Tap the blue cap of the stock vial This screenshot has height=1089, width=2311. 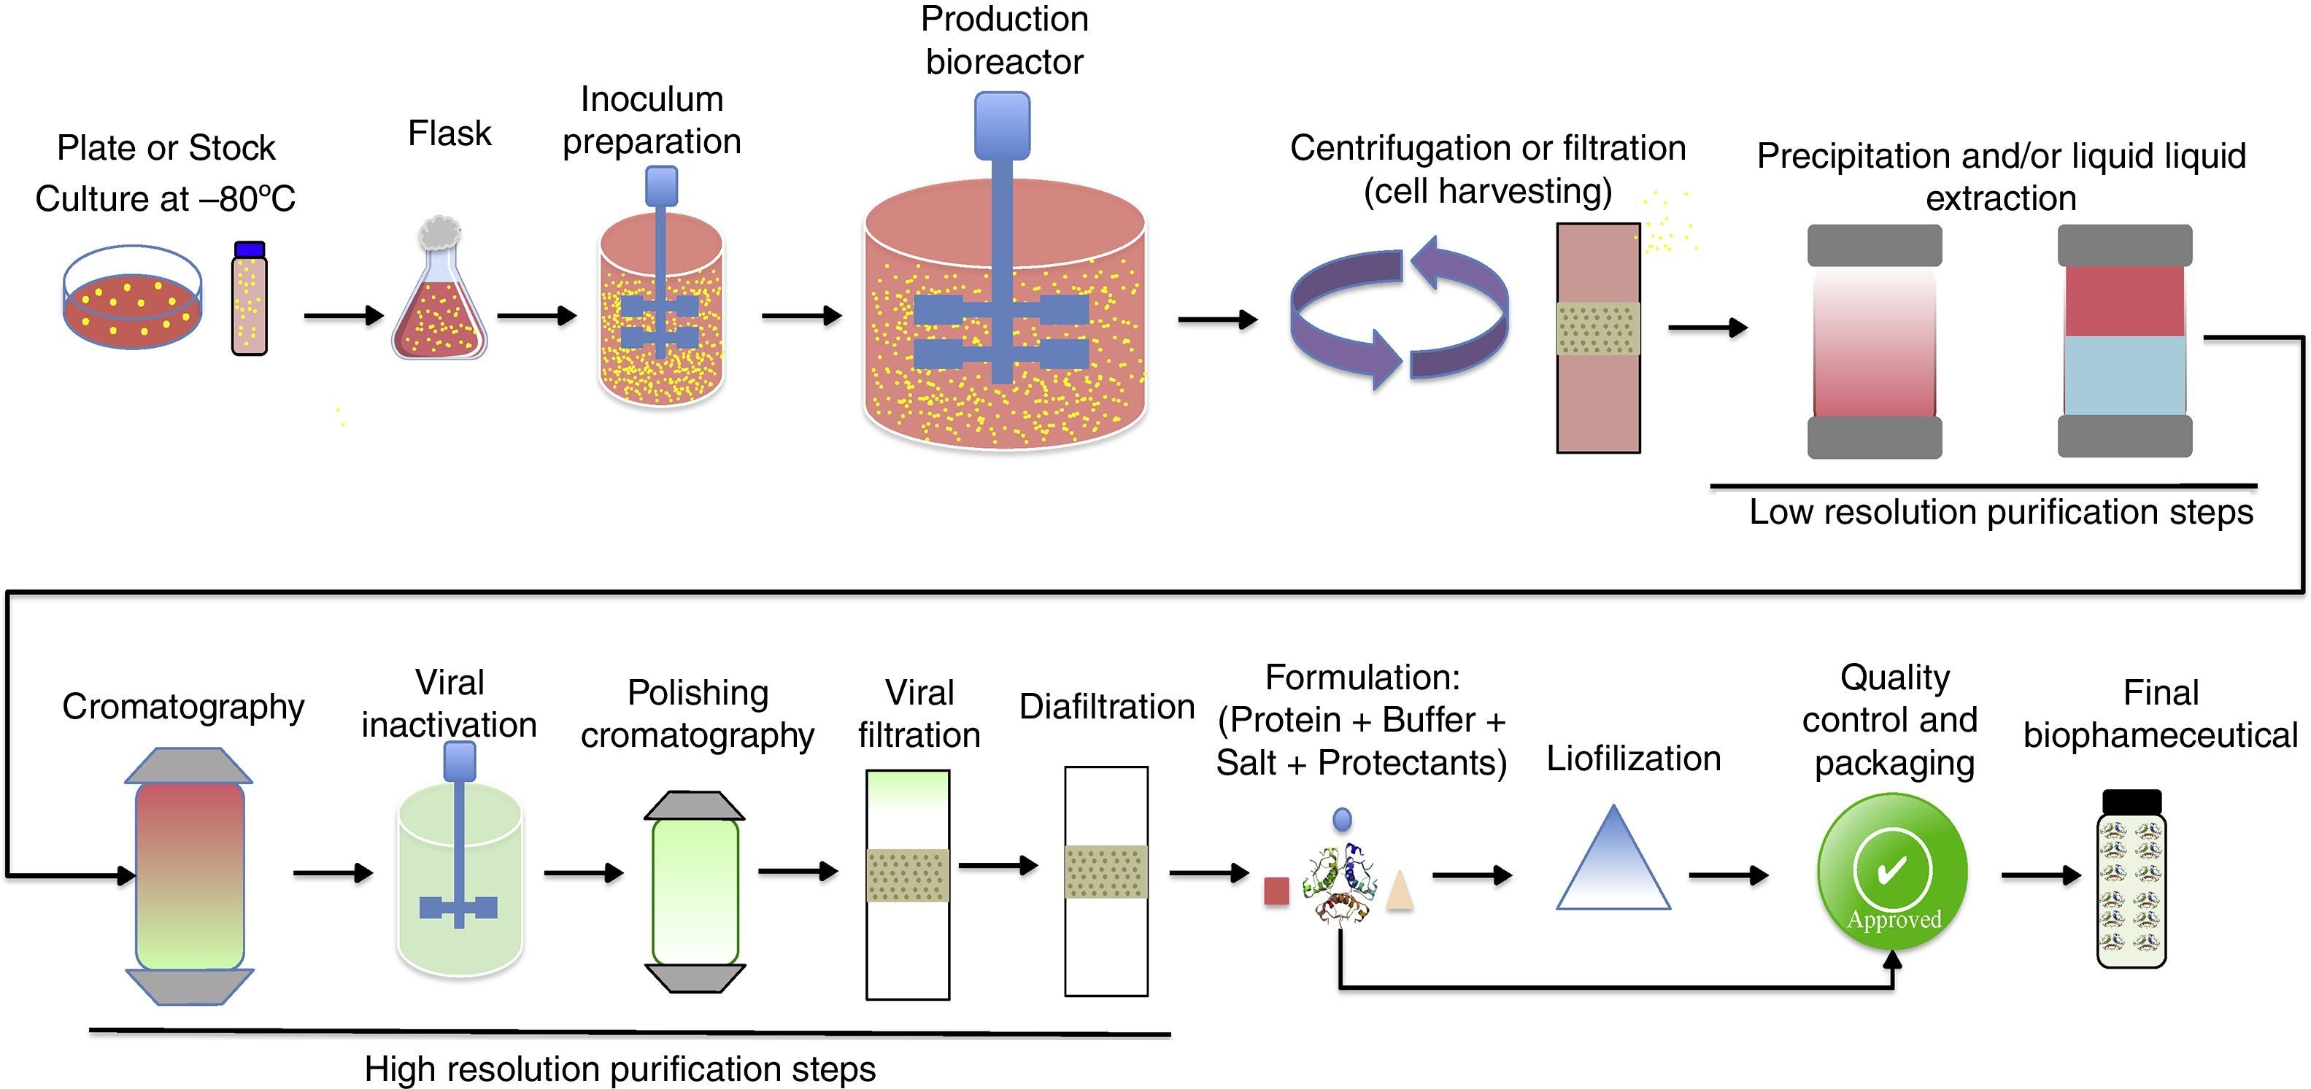249,249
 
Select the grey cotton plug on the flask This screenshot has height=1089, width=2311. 438,233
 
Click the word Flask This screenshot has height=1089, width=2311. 450,133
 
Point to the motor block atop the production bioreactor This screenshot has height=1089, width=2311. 1002,125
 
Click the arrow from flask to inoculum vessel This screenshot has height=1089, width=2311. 536,316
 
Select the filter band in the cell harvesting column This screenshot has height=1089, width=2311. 1598,328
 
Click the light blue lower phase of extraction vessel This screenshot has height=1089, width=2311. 2123,375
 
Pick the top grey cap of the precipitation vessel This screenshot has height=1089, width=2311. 1874,245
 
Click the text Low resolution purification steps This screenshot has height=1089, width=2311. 2001,512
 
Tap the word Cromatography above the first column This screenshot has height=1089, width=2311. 183,707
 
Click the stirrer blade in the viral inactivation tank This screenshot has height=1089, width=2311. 458,908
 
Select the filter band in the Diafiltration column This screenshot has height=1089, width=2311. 1106,872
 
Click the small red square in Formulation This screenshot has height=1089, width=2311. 1276,891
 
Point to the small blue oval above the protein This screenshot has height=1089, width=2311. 1342,819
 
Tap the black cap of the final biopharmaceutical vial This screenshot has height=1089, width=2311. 2131,801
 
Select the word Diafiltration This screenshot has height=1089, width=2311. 1106,707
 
